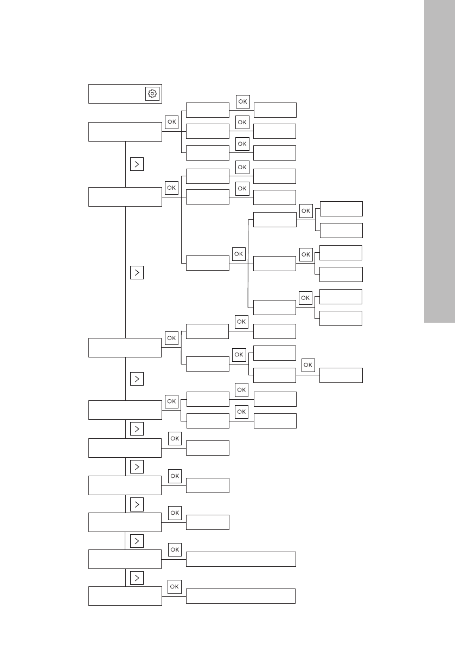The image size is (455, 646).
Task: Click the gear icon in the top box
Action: (152, 93)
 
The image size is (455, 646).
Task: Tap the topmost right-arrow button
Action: (137, 164)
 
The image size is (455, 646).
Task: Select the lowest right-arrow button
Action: (137, 578)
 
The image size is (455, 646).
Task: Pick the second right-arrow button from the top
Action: (137, 272)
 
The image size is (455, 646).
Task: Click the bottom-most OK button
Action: (174, 586)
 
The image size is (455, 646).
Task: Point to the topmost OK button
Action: (242, 101)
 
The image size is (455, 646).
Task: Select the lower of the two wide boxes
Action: (241, 596)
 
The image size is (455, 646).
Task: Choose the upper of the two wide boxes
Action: (241, 559)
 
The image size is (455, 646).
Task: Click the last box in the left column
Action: (125, 596)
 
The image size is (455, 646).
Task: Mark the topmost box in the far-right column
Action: (341, 209)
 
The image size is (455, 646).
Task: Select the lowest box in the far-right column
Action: (341, 375)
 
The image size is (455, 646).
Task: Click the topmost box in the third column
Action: (275, 110)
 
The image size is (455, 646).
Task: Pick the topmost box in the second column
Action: (208, 110)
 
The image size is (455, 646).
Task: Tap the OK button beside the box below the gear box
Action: (171, 123)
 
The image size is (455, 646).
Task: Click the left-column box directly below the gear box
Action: (125, 132)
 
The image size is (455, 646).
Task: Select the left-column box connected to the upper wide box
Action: (125, 559)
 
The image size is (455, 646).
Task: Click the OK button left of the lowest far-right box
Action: (307, 366)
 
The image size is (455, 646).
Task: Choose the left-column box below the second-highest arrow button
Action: (125, 348)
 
